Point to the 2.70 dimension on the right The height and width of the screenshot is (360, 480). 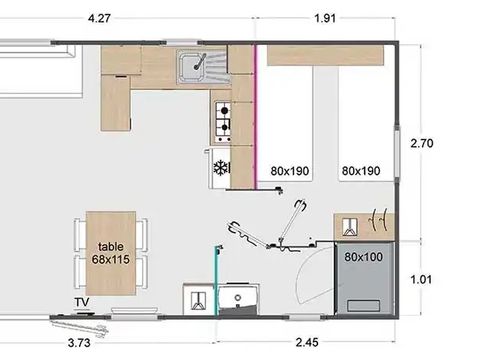pyautogui.click(x=423, y=143)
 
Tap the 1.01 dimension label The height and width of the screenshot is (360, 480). pyautogui.click(x=423, y=279)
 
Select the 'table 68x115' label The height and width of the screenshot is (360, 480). pyautogui.click(x=110, y=252)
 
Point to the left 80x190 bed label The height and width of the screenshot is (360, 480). pyautogui.click(x=290, y=171)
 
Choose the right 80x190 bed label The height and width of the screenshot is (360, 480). pyautogui.click(x=360, y=171)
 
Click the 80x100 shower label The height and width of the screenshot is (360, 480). pyautogui.click(x=362, y=256)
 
